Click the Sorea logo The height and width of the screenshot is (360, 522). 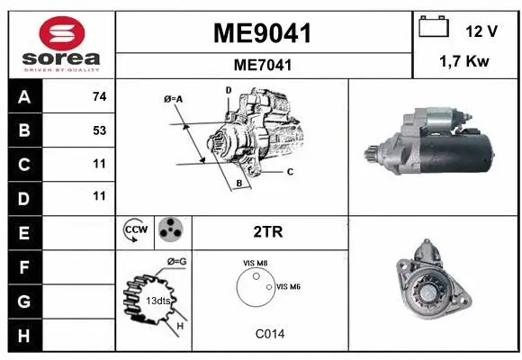(x=61, y=44)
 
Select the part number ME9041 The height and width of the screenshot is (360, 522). (x=262, y=34)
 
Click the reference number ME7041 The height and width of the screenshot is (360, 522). (x=262, y=65)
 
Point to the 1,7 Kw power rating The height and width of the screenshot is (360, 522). (x=464, y=63)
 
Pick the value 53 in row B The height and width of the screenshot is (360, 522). (x=99, y=130)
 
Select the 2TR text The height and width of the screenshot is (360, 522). (x=269, y=232)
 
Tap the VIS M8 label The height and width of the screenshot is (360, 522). (x=255, y=263)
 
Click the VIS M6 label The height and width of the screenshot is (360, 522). (x=288, y=286)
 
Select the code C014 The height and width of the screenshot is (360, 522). (x=268, y=334)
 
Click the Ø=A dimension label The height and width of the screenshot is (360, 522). (x=174, y=98)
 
